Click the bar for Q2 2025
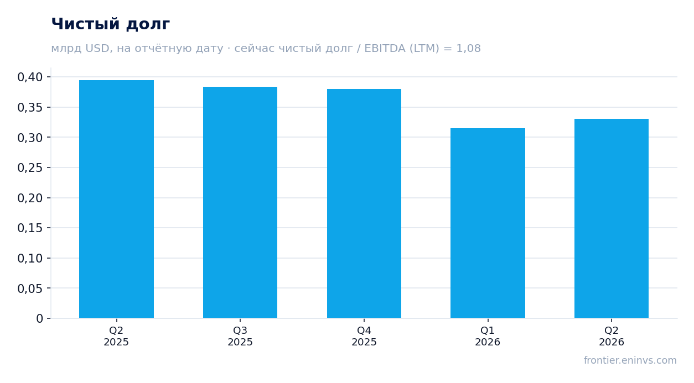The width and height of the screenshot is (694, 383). [x=116, y=199]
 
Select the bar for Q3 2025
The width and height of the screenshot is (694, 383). [x=240, y=202]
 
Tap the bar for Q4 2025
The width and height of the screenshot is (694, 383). [x=364, y=203]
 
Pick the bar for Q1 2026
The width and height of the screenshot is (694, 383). [x=488, y=223]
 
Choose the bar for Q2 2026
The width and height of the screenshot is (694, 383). [x=612, y=218]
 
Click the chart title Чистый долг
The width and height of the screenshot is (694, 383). [x=111, y=24]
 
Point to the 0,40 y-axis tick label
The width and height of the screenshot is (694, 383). [x=30, y=77]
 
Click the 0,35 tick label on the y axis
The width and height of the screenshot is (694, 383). [x=30, y=107]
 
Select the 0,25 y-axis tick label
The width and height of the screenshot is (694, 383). [x=30, y=167]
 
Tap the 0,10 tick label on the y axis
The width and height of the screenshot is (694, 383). [x=30, y=258]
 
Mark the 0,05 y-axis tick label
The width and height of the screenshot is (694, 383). [x=30, y=288]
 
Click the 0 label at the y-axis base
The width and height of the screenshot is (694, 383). [x=40, y=318]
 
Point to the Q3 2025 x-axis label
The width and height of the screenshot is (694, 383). [x=240, y=336]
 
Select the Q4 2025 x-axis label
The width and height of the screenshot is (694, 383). [x=364, y=336]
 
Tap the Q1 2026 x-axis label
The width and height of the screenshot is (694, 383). [x=488, y=336]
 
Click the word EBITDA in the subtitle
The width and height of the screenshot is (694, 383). [x=385, y=48]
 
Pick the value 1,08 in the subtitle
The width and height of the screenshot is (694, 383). [x=468, y=48]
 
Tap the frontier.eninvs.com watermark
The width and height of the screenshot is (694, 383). [x=630, y=360]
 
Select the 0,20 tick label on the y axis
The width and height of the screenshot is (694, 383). [x=30, y=198]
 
